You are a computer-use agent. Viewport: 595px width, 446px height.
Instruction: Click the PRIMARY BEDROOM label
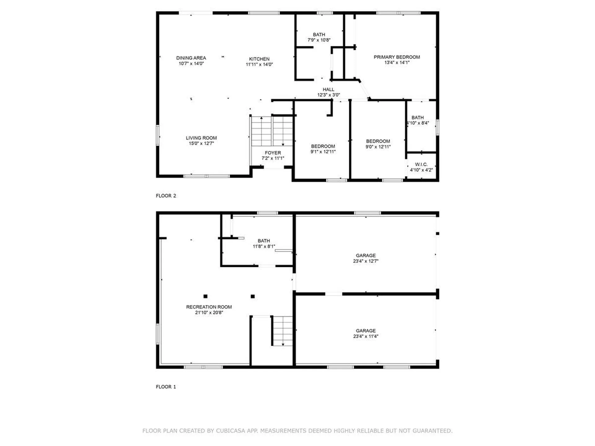click(397, 57)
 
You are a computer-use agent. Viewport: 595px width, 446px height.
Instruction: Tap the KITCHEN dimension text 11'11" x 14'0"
click(259, 64)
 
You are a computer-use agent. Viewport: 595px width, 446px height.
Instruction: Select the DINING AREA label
click(191, 58)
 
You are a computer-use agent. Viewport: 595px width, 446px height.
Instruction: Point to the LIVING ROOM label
click(201, 138)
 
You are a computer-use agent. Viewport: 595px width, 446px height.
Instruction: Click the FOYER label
click(273, 153)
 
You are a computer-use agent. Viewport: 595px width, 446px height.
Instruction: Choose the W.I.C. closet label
click(421, 164)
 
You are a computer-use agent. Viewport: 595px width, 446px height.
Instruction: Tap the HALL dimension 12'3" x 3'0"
click(328, 95)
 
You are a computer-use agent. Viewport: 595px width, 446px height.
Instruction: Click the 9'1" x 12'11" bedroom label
click(323, 149)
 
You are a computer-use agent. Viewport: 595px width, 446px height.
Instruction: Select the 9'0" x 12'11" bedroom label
click(378, 144)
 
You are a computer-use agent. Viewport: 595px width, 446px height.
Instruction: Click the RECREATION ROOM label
click(209, 307)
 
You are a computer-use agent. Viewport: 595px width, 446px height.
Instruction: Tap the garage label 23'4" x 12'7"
click(366, 258)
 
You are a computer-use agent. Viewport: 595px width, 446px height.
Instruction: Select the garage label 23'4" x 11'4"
click(366, 334)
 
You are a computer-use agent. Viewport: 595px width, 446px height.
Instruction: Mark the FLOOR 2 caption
click(166, 196)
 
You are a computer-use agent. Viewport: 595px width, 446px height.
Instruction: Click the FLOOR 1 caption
click(166, 387)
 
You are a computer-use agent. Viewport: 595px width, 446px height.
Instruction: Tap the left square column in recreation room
click(205, 296)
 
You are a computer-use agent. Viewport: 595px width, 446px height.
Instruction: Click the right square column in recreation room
click(253, 296)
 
